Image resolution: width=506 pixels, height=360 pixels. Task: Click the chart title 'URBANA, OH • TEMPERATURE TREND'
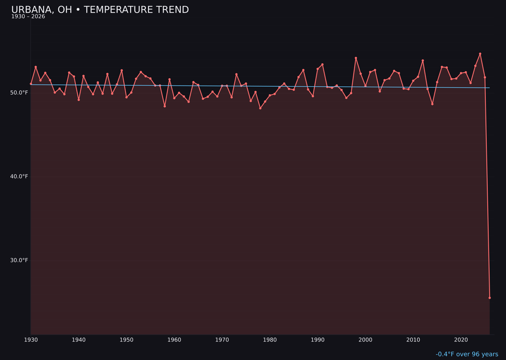(100, 10)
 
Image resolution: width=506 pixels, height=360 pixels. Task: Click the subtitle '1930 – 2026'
(28, 17)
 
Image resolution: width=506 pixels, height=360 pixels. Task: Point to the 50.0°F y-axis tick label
(19, 93)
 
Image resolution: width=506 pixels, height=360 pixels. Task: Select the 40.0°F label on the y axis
(19, 177)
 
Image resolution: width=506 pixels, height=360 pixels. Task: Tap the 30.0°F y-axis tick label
(19, 261)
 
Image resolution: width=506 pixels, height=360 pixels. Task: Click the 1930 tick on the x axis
(31, 340)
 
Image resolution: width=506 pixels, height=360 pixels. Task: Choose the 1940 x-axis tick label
(79, 340)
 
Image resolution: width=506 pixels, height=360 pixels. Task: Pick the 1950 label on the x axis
(126, 340)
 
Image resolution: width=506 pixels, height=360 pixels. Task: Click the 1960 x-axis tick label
(174, 340)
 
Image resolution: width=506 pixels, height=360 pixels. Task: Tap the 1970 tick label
(222, 340)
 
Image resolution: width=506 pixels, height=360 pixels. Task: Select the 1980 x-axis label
(270, 340)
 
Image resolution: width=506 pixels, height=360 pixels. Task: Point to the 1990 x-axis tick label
(318, 340)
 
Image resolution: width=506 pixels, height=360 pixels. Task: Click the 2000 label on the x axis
(365, 340)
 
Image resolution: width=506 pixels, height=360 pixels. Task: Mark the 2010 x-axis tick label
(413, 340)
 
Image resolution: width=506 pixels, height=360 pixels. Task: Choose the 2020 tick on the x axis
(461, 340)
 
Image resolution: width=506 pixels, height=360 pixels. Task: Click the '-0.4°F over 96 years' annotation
(467, 354)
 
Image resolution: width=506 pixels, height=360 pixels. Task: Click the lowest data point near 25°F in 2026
(490, 298)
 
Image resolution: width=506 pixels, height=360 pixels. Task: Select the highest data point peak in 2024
(480, 54)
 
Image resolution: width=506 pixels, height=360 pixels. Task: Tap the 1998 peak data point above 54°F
(356, 58)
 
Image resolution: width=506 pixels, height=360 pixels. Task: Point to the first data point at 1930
(31, 84)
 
